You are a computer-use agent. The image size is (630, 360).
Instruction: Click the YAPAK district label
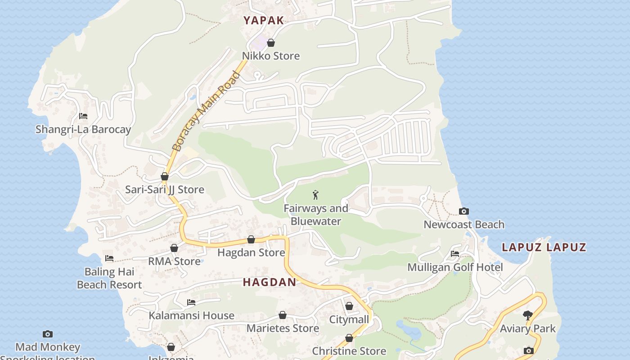click(264, 20)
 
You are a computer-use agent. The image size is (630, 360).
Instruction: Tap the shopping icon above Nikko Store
click(271, 43)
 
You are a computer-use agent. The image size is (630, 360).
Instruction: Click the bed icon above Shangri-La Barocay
click(83, 116)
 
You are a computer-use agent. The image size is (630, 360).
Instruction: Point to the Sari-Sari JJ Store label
click(165, 189)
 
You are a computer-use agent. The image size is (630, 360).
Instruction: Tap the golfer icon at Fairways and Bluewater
click(315, 195)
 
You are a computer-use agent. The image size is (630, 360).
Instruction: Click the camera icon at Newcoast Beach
click(463, 211)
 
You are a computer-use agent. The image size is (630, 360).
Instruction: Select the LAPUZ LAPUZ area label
click(544, 247)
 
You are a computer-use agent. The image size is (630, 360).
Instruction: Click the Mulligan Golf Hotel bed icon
click(455, 254)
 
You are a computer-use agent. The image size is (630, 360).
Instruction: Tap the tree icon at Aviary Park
click(528, 315)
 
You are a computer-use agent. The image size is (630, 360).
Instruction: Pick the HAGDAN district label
click(270, 282)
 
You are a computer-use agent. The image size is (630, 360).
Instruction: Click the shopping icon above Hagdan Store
click(251, 239)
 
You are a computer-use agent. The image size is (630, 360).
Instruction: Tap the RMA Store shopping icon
click(174, 248)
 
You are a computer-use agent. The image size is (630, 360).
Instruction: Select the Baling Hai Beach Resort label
click(109, 278)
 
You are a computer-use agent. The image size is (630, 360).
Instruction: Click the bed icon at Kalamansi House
click(191, 302)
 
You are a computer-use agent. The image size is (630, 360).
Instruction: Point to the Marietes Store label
click(283, 328)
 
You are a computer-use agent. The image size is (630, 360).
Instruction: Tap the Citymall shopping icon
click(349, 306)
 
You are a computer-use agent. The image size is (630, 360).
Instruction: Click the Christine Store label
click(349, 351)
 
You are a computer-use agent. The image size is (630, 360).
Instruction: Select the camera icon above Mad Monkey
click(48, 334)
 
